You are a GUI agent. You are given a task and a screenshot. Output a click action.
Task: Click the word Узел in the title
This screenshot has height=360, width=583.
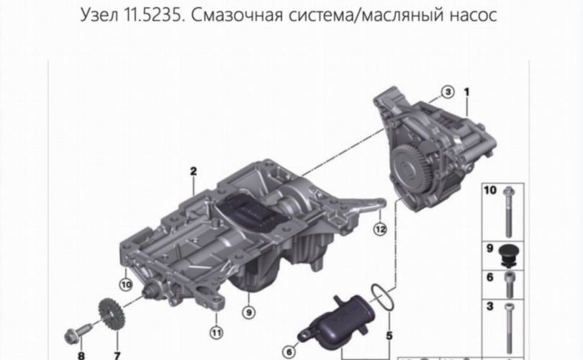click(x=99, y=15)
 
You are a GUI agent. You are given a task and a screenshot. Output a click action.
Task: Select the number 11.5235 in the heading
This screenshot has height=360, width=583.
click(x=154, y=15)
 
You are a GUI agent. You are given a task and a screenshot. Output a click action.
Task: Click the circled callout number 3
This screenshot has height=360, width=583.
click(x=448, y=91)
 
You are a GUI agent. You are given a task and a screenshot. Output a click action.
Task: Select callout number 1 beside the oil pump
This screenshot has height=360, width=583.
click(x=467, y=91)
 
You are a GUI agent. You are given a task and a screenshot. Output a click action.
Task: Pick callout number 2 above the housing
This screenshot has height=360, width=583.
click(x=194, y=171)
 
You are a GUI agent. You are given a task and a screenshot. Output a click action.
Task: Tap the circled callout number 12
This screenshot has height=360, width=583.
click(x=380, y=229)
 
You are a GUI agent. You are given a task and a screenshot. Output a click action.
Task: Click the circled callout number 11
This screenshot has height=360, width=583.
click(x=217, y=332)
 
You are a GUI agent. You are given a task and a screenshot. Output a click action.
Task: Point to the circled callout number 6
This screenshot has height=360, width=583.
click(x=289, y=351)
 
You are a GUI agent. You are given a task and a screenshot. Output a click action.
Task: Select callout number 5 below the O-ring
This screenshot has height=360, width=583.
click(x=389, y=336)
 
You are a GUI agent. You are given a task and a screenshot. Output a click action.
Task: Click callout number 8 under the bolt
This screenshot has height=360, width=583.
click(x=81, y=356)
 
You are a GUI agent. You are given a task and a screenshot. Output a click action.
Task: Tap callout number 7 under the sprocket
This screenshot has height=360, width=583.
click(x=117, y=356)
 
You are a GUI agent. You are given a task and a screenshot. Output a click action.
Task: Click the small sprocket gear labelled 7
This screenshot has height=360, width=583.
click(x=112, y=314)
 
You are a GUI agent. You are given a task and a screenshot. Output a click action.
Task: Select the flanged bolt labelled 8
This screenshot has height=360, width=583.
click(x=78, y=333)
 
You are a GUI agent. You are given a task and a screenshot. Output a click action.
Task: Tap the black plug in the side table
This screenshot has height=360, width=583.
click(x=509, y=255)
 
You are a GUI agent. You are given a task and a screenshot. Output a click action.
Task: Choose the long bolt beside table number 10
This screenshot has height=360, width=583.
click(x=508, y=212)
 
